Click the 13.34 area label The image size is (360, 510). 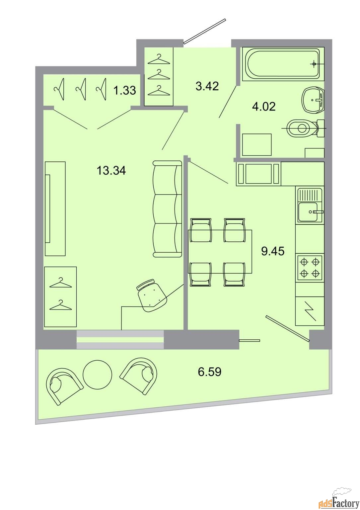tap(111, 170)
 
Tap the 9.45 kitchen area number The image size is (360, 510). tap(273, 251)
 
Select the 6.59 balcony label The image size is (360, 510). tap(210, 372)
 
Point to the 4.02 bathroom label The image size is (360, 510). tap(264, 106)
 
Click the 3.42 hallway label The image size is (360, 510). tap(207, 86)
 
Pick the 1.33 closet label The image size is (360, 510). tap(125, 90)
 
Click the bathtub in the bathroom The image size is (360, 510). tap(283, 64)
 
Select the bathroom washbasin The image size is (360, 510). tap(313, 100)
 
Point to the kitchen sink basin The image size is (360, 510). tap(308, 212)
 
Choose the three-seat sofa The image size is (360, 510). tap(168, 209)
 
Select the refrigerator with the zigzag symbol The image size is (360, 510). tap(310, 311)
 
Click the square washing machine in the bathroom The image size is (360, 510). tap(257, 144)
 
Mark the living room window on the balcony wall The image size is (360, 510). tap(120, 339)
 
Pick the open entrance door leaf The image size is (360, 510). tap(204, 31)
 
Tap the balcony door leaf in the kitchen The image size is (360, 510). tap(288, 328)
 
